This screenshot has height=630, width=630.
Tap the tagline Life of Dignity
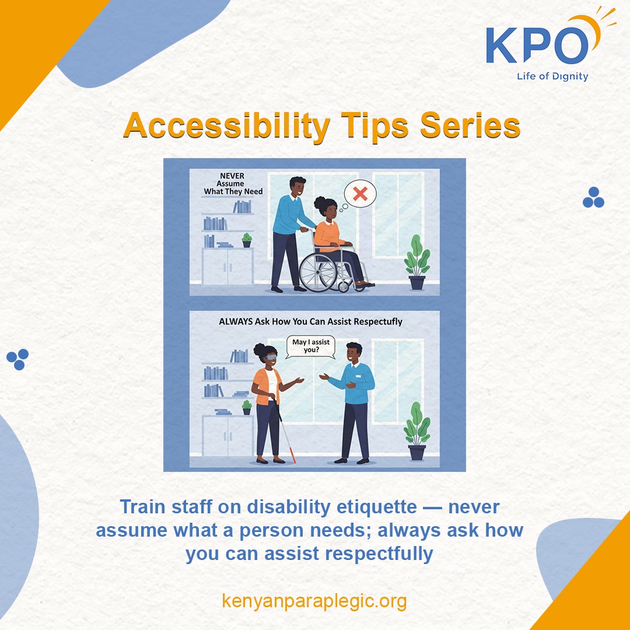(552, 76)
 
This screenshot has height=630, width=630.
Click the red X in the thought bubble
(360, 194)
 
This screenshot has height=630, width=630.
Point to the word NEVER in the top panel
(232, 174)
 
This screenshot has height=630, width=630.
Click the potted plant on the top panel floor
(416, 262)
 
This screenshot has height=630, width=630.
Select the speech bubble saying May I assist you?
(311, 346)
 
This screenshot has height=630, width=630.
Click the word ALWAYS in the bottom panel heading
(235, 321)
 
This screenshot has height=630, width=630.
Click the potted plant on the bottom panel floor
(416, 432)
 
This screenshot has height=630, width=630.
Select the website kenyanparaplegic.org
(314, 600)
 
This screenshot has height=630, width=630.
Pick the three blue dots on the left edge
(17, 359)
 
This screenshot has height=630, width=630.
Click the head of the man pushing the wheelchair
(297, 188)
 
